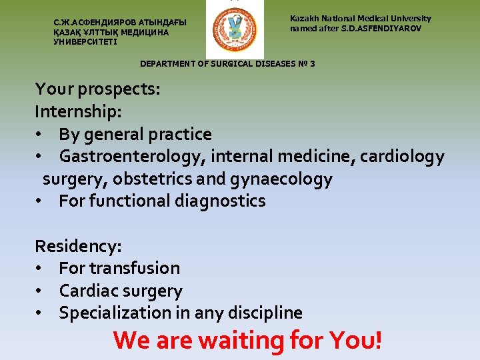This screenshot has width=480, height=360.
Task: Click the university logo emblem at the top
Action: coord(234,29)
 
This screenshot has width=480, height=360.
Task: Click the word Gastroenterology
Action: coord(132,157)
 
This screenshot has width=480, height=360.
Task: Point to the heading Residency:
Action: coord(78,246)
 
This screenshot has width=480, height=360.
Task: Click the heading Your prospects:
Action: coord(97,89)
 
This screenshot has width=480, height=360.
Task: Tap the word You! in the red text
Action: coord(356,340)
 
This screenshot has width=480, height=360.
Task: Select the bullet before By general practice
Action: coord(40,135)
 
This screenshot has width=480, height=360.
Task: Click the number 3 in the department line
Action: coord(312,64)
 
